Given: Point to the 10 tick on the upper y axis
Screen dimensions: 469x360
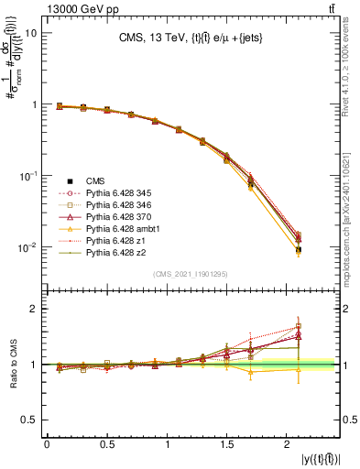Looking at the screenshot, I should [x=29, y=33].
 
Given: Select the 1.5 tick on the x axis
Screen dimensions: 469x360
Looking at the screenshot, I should [x=228, y=445].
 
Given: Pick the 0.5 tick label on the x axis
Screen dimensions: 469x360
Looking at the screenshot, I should [x=107, y=445].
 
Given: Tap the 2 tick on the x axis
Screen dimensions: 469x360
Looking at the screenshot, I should [x=289, y=445].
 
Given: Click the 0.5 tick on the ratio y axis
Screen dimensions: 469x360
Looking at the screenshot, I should [x=29, y=420].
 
